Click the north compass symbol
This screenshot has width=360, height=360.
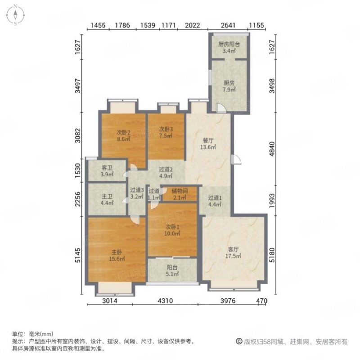pos(15,15)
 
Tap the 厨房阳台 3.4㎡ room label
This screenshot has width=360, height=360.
pos(229,48)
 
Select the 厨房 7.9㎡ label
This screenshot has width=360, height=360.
pos(229,86)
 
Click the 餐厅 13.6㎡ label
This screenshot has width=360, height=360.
pos(208,144)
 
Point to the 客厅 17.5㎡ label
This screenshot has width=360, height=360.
pos(233,252)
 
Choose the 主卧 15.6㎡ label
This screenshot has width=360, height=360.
pos(117,256)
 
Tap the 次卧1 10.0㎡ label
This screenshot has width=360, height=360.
pos(172,230)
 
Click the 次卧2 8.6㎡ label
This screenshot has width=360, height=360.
pos(123,136)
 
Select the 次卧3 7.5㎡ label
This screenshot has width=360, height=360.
pos(166,132)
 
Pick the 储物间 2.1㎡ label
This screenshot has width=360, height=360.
pos(180,194)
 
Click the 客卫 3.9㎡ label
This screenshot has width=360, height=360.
pos(107,171)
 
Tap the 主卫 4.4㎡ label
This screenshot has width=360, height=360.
pos(107,200)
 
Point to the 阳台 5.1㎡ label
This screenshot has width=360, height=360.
pos(172,271)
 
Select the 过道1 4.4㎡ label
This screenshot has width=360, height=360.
pos(215,201)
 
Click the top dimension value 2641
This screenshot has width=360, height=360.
pos(228,25)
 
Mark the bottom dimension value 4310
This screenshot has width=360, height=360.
pos(165,301)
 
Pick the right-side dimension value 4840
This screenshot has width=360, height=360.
pos(272,149)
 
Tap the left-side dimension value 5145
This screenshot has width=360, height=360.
pos(78,255)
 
